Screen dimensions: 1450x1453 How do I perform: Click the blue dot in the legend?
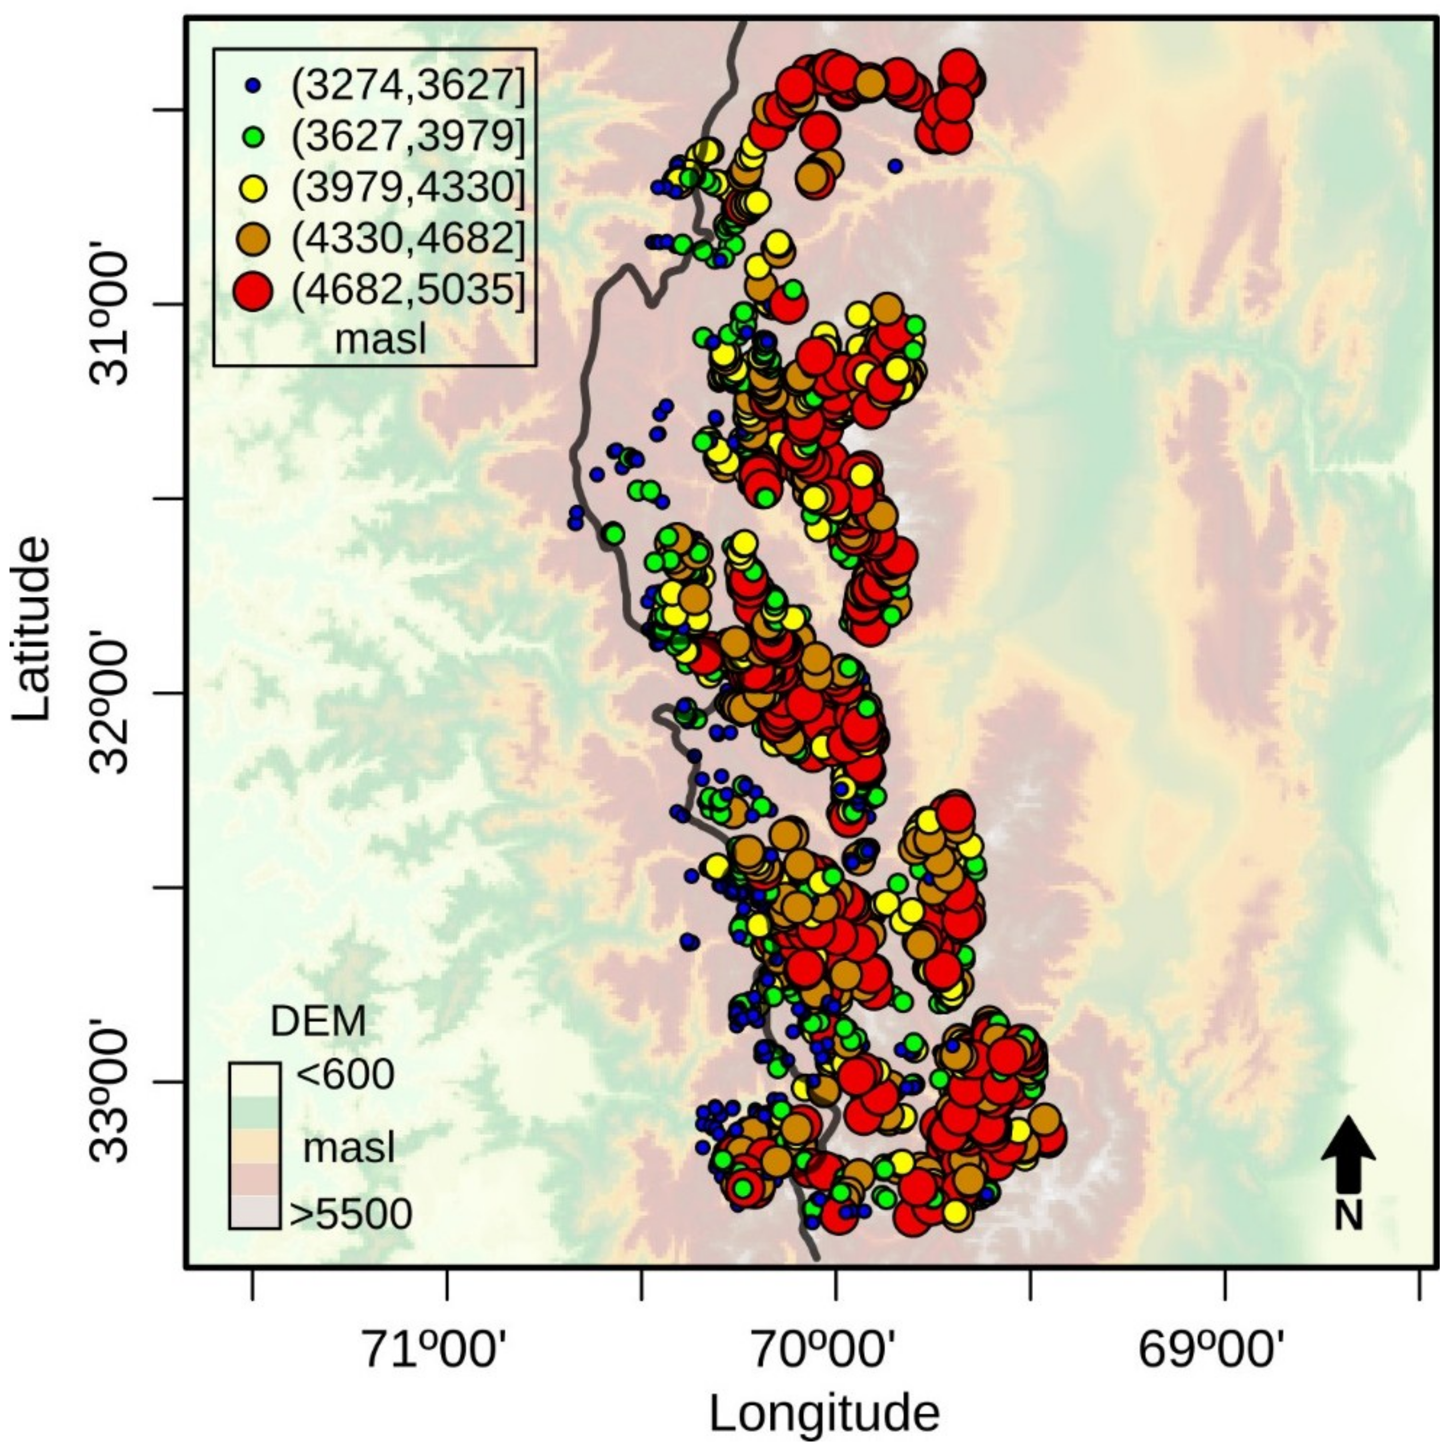(x=254, y=87)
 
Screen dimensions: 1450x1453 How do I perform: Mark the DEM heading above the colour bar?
(x=318, y=1021)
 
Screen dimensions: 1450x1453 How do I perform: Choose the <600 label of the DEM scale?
(x=345, y=1075)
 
